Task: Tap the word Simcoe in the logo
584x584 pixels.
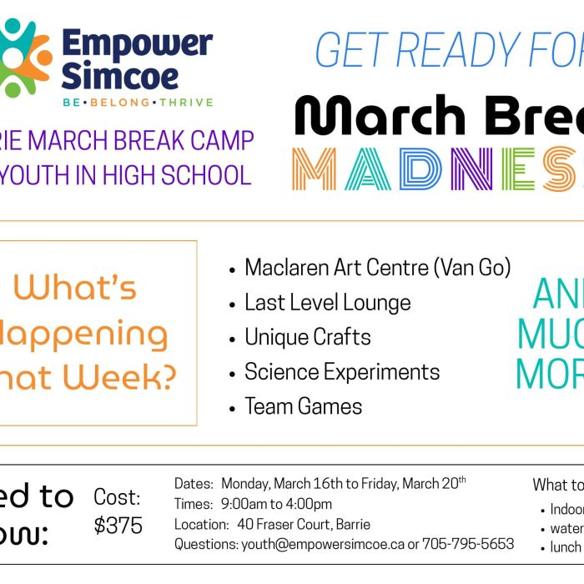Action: pos(119,77)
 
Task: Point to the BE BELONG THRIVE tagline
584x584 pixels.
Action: pos(137,103)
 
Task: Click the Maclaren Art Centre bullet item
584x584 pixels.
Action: pos(377,268)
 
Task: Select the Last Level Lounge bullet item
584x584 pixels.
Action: pos(327,302)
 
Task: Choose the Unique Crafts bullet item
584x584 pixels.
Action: pos(307,337)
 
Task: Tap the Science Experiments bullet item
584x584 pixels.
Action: pos(342,372)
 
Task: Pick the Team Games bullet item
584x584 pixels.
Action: pos(303,406)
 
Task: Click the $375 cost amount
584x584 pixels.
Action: pos(118,526)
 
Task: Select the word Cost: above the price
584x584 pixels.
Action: pos(117,498)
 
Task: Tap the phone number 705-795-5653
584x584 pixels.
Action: pos(468,544)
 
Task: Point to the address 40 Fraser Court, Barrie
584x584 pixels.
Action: pos(304,524)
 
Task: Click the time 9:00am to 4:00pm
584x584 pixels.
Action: pos(276,504)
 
